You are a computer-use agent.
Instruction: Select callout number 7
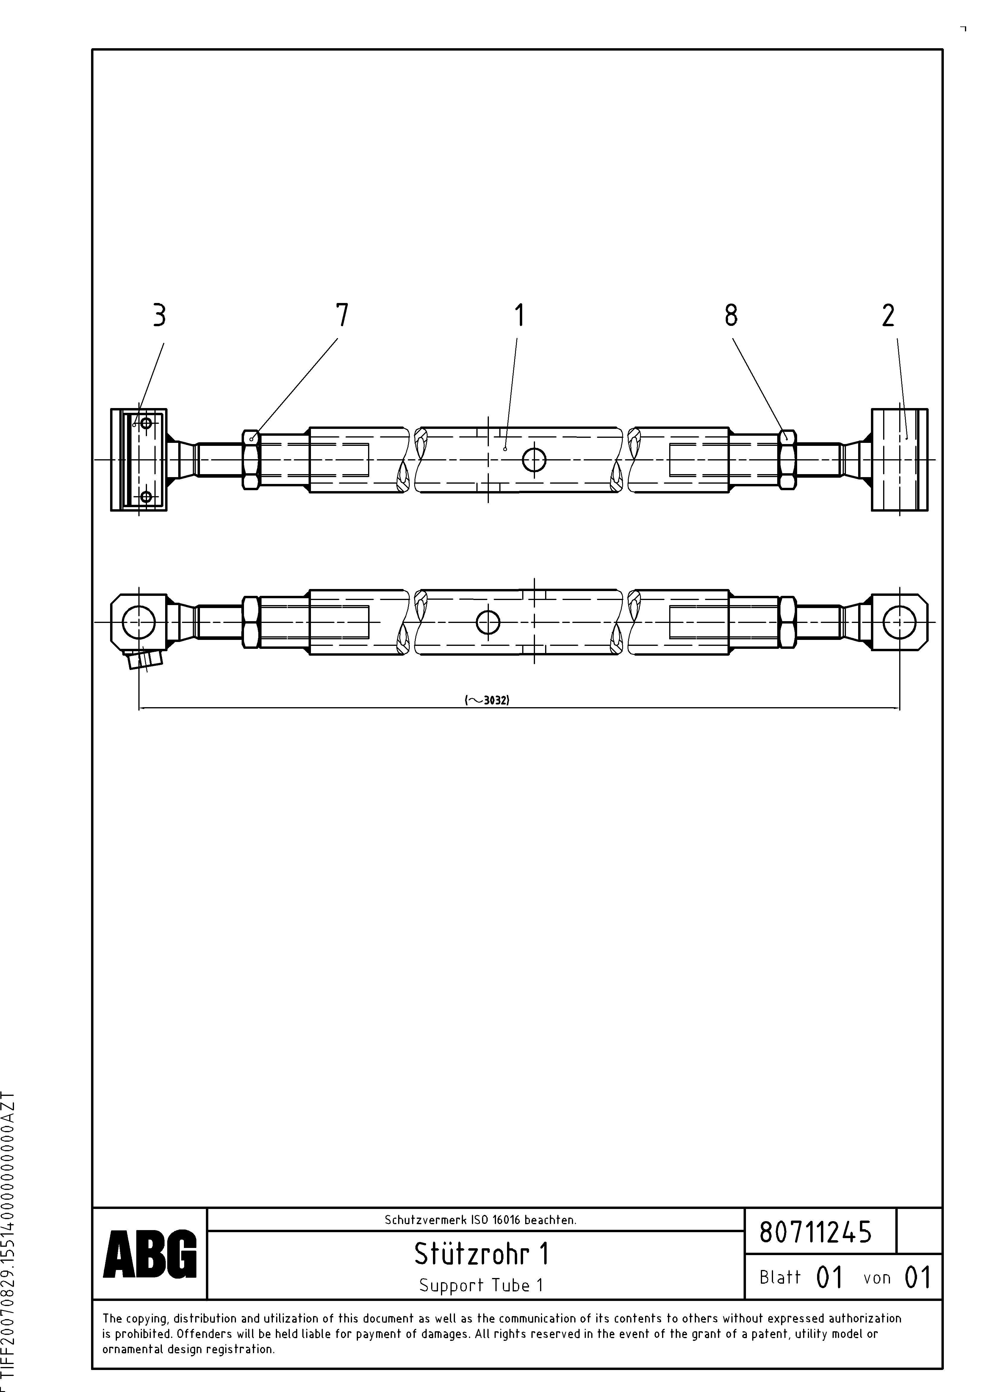tap(342, 315)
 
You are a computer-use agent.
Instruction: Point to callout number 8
tap(731, 315)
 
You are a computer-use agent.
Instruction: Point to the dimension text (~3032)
tap(487, 700)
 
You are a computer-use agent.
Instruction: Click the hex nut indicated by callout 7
tap(251, 459)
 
